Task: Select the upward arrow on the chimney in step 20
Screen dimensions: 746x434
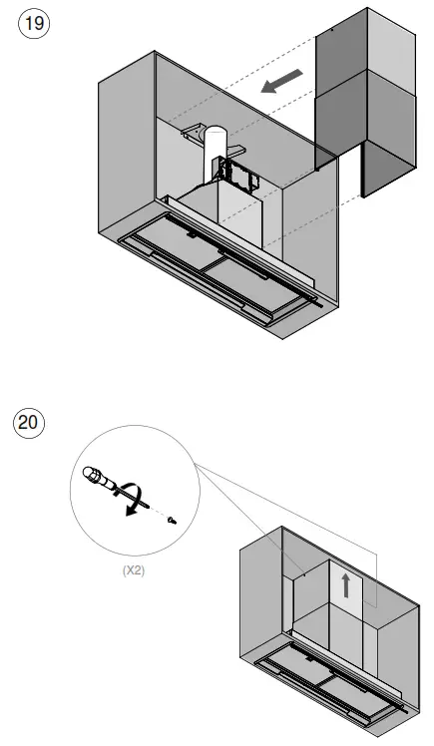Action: [x=346, y=584]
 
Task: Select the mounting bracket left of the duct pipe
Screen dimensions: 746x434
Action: [x=195, y=133]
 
